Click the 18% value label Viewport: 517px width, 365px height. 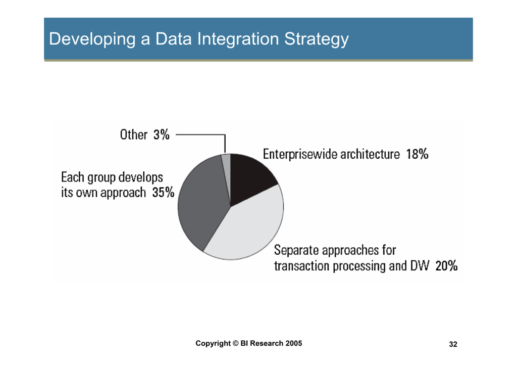[417, 154]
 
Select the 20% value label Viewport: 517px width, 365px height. [446, 266]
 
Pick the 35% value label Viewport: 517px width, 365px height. [163, 193]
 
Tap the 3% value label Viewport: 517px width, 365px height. [162, 134]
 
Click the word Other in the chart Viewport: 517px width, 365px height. [133, 134]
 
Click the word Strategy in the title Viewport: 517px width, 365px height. [317, 39]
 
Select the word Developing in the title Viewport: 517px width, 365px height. [92, 39]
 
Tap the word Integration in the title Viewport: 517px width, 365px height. [238, 39]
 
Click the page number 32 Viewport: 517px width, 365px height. [453, 344]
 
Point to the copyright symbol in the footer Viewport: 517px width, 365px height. [235, 343]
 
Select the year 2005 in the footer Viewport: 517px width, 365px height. [294, 343]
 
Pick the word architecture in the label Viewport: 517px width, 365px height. [370, 154]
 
